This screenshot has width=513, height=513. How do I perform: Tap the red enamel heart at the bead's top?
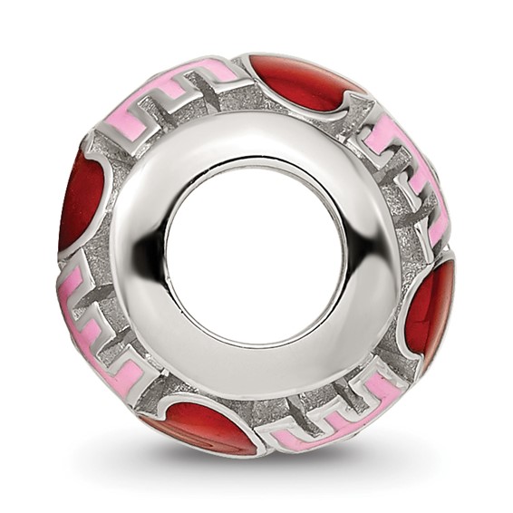pos(299,82)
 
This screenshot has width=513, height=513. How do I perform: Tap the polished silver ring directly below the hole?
pos(256,372)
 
